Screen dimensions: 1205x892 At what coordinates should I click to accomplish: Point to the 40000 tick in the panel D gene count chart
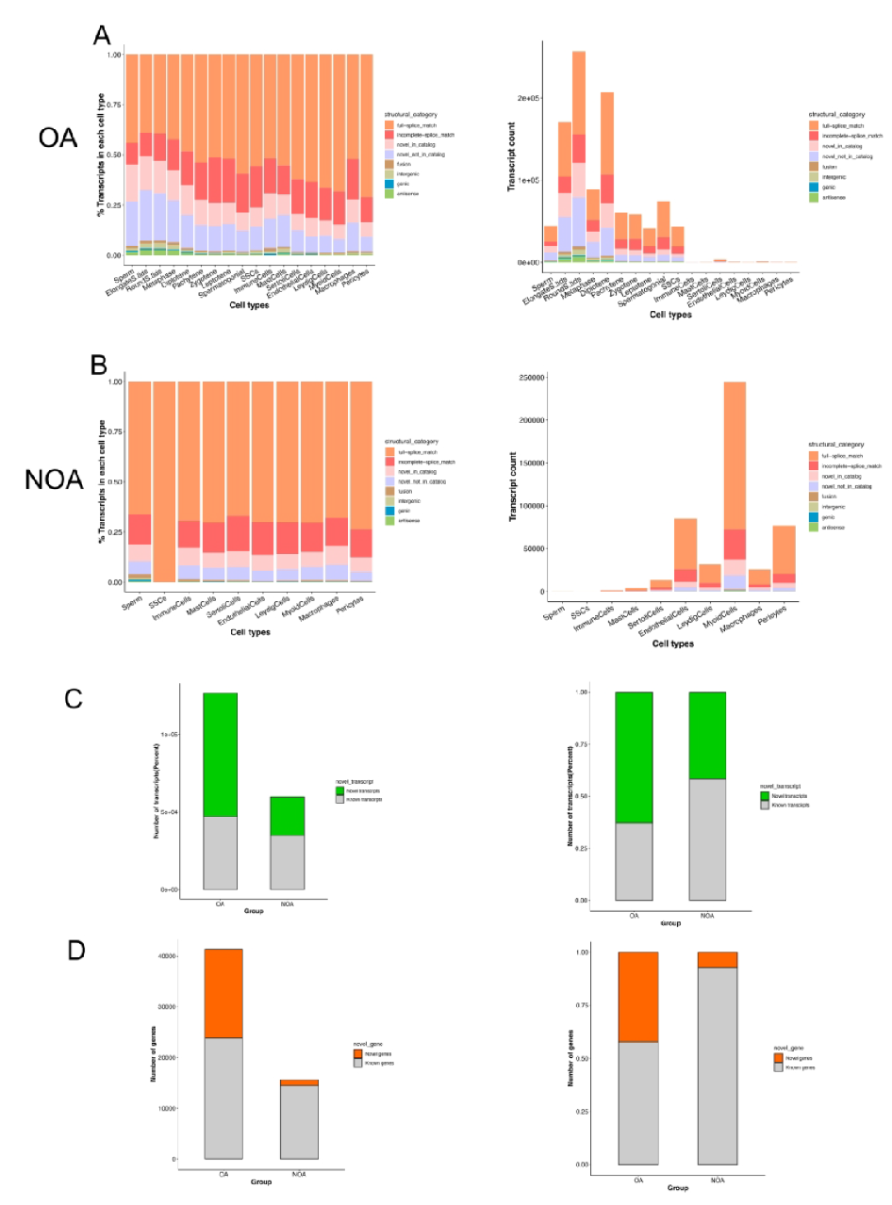167,956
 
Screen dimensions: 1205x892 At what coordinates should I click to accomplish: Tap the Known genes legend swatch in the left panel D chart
356,1063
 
